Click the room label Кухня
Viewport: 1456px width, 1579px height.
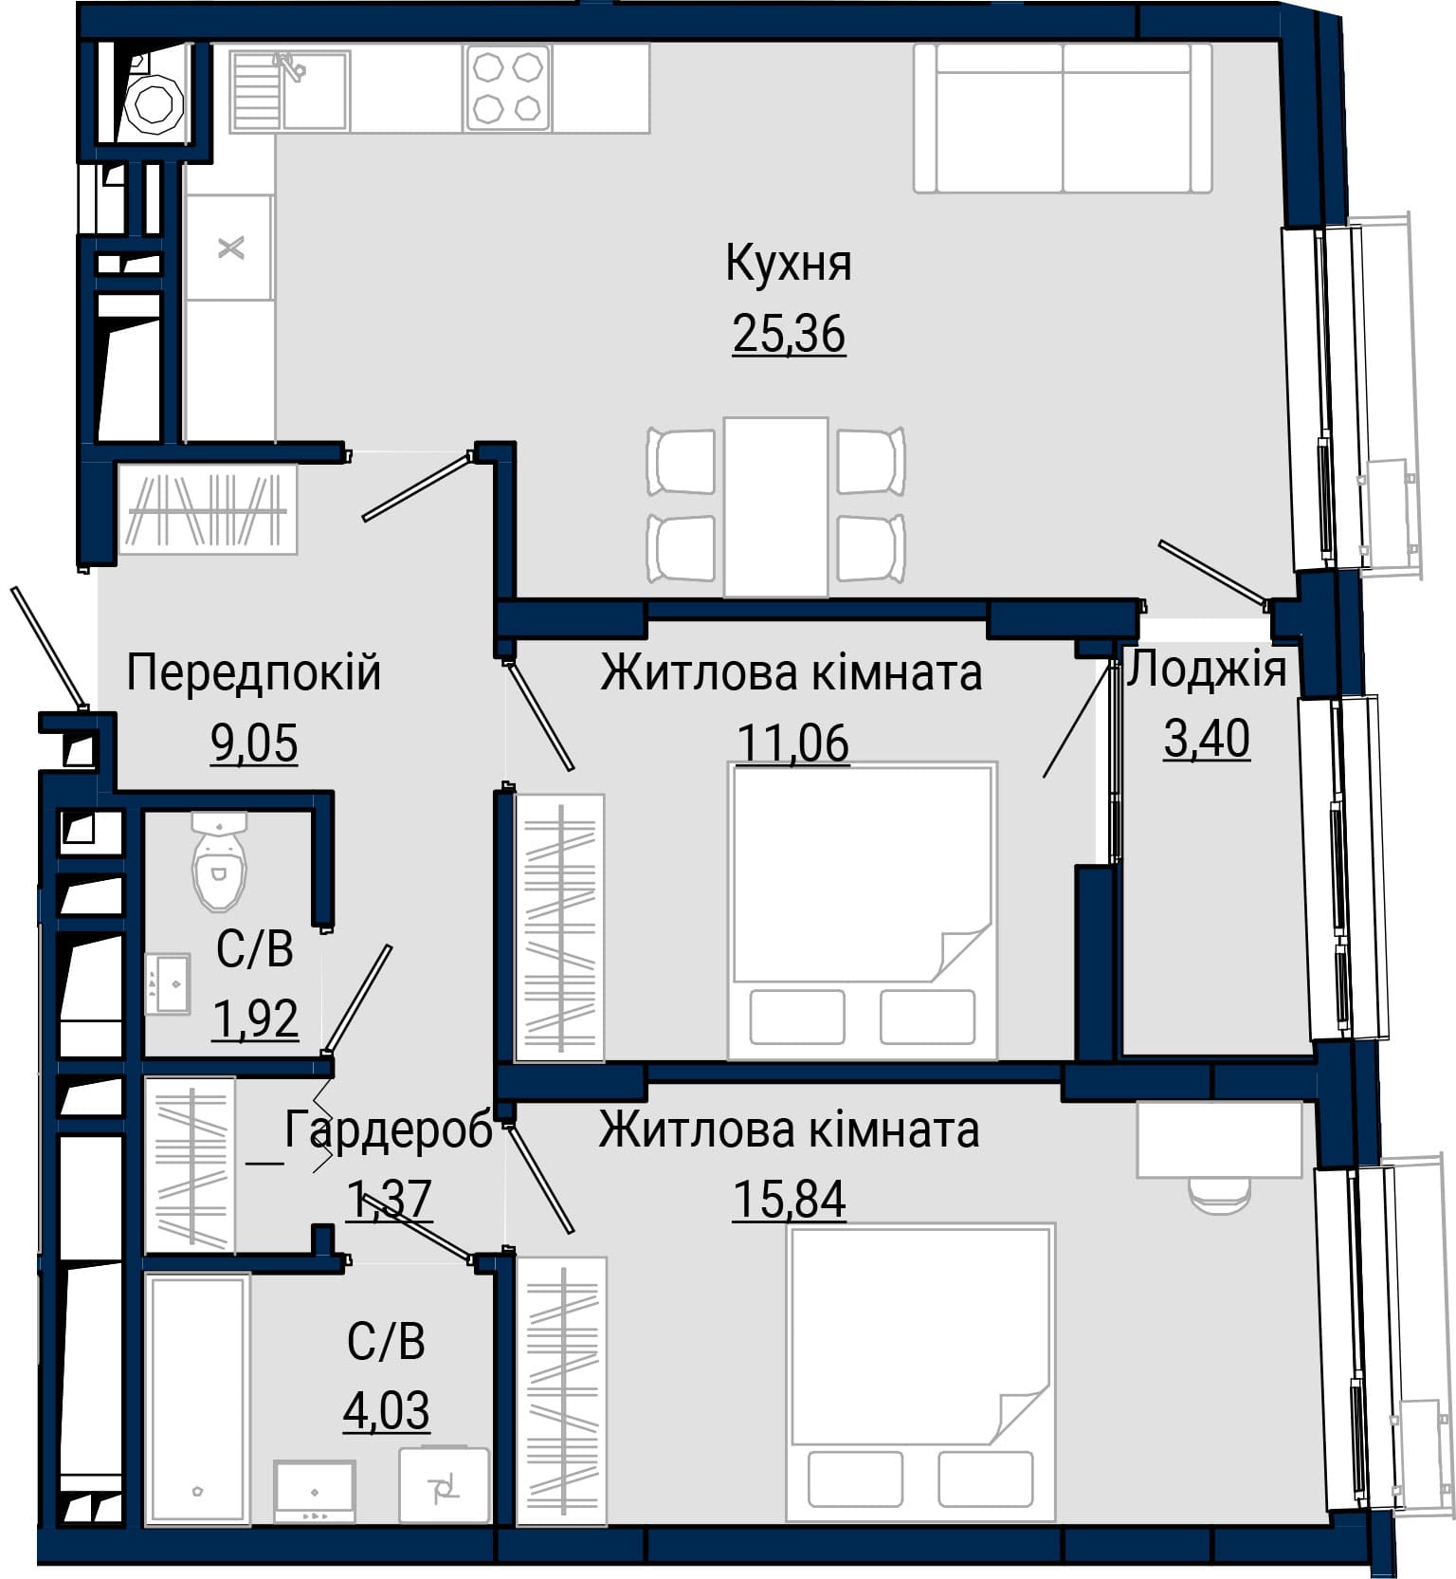(789, 264)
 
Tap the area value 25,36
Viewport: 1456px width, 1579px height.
(789, 334)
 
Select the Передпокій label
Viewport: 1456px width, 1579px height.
(253, 672)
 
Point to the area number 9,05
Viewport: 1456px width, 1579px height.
(254, 743)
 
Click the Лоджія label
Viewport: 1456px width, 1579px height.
(1206, 669)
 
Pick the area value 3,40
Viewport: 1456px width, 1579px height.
(1207, 739)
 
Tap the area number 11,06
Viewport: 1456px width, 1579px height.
(792, 743)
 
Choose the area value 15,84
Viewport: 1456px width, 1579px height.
(789, 1199)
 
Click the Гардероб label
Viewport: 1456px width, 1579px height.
(389, 1129)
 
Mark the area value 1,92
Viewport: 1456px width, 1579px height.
(255, 1019)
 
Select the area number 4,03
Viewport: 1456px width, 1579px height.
(386, 1410)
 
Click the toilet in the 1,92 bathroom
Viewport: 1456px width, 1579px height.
(219, 859)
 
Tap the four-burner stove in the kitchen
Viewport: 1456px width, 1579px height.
(507, 88)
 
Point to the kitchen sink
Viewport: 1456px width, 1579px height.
(290, 90)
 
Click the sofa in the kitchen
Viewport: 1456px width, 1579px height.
(1063, 119)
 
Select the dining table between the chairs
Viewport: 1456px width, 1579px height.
(775, 507)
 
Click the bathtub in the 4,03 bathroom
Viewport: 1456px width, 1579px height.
(197, 1399)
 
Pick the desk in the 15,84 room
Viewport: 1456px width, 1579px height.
(1220, 1140)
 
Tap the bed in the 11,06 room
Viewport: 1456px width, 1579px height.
(863, 910)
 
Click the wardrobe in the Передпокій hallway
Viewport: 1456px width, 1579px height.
(207, 509)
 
